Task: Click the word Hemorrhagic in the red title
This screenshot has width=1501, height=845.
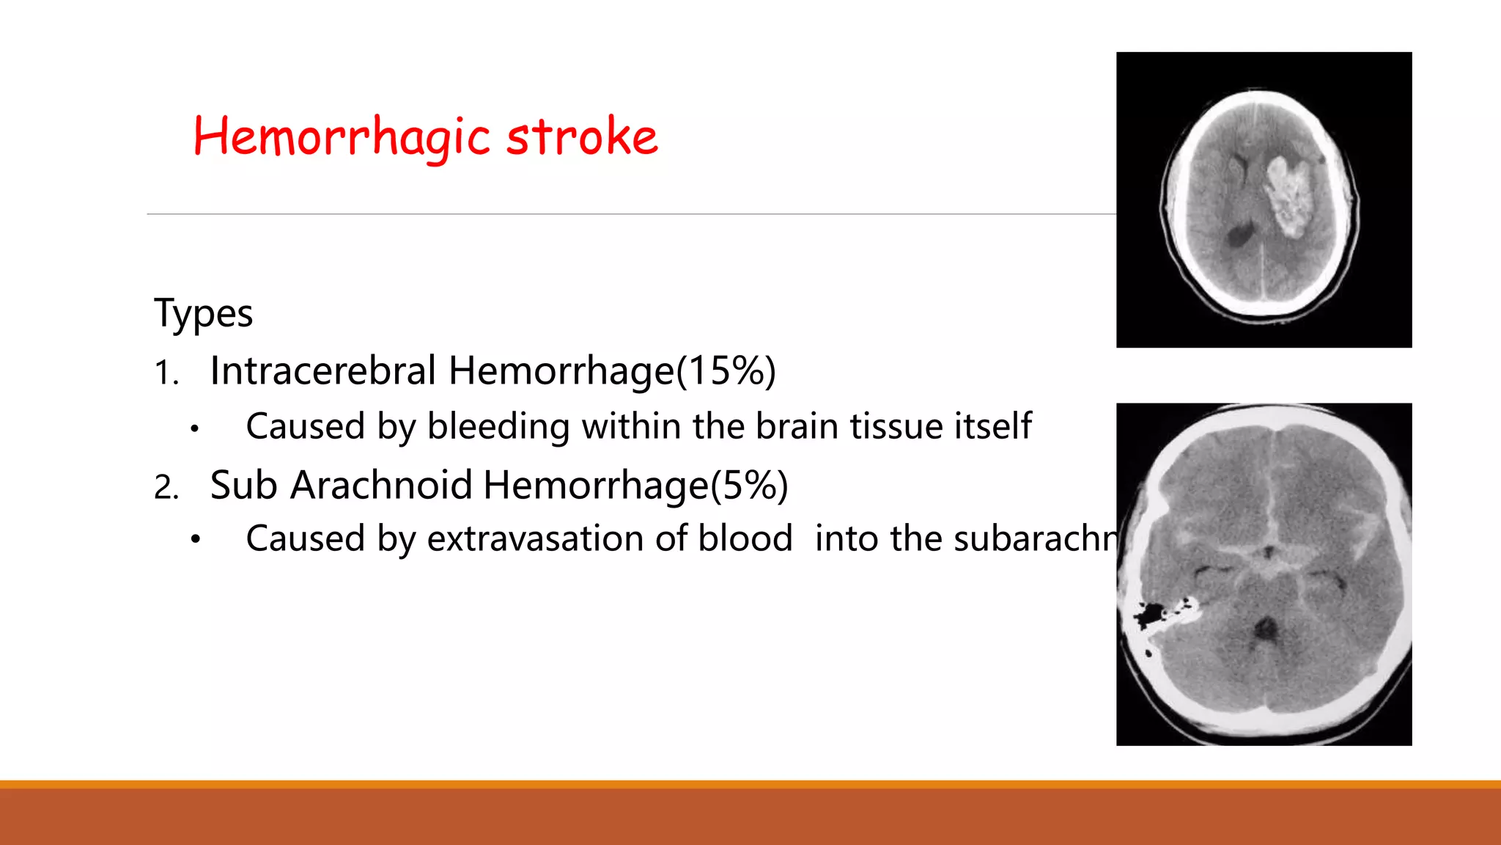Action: click(x=341, y=137)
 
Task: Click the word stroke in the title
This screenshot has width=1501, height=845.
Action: click(x=582, y=137)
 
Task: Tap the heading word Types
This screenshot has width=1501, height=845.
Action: click(x=203, y=314)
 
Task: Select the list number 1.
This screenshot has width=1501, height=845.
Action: click(x=166, y=373)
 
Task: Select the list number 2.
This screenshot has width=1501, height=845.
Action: click(x=166, y=487)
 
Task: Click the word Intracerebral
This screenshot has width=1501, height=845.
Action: click(x=322, y=370)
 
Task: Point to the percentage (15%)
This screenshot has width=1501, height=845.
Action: click(x=726, y=370)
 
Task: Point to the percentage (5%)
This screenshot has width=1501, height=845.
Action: click(x=749, y=486)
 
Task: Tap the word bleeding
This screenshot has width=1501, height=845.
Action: click(x=498, y=427)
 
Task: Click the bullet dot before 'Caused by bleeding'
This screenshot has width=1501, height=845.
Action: click(x=194, y=428)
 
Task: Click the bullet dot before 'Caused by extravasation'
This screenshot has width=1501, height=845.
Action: click(x=194, y=541)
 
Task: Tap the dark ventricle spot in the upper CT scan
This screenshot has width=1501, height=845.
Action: click(x=1240, y=235)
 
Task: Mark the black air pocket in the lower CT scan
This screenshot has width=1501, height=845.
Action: click(x=1149, y=612)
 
